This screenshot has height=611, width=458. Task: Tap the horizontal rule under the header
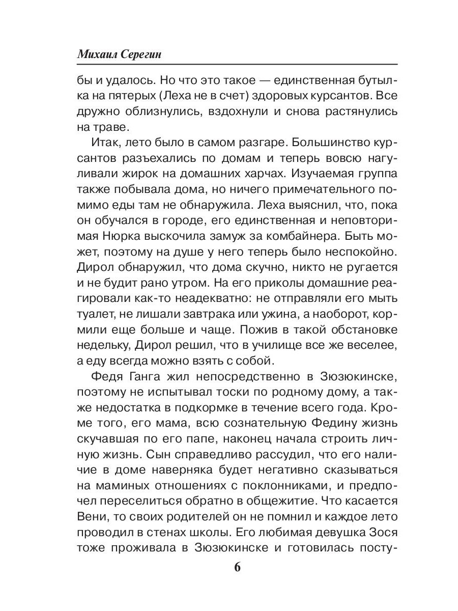pyautogui.click(x=237, y=64)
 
